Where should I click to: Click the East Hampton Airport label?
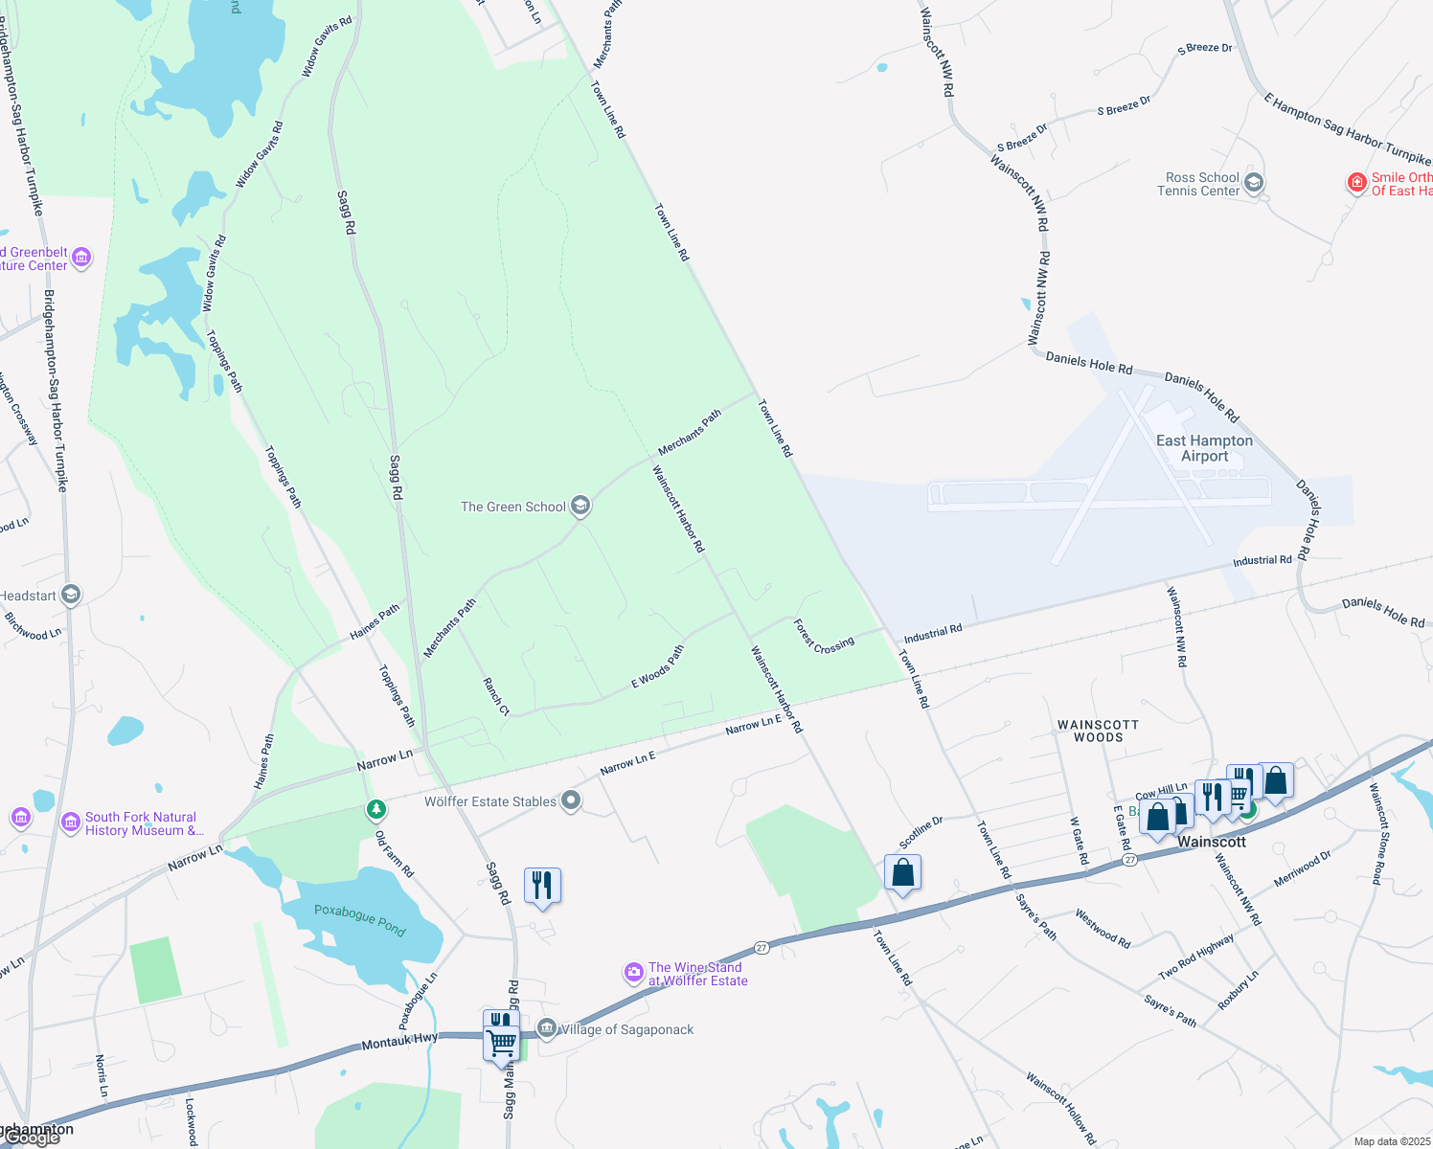coord(1204,448)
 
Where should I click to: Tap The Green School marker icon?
coord(580,506)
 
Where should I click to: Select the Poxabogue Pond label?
coord(359,920)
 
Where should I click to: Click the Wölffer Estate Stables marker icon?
coord(571,800)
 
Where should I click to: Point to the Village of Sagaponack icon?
coord(547,1028)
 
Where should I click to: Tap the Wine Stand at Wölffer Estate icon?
coord(634,973)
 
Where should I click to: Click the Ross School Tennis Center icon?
coord(1254,183)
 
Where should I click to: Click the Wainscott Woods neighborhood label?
coord(1098,731)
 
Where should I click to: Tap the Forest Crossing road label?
coord(824,637)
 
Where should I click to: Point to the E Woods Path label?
coord(658,666)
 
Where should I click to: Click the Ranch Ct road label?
coord(496,696)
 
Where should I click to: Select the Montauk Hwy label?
coord(399,1041)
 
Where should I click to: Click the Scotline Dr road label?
coord(921,832)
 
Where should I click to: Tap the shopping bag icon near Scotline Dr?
coord(902,872)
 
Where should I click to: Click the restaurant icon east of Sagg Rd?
coord(542,886)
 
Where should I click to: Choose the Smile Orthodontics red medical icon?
coord(1356,182)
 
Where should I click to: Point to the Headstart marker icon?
coord(70,596)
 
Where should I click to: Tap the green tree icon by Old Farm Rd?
coord(377,810)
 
